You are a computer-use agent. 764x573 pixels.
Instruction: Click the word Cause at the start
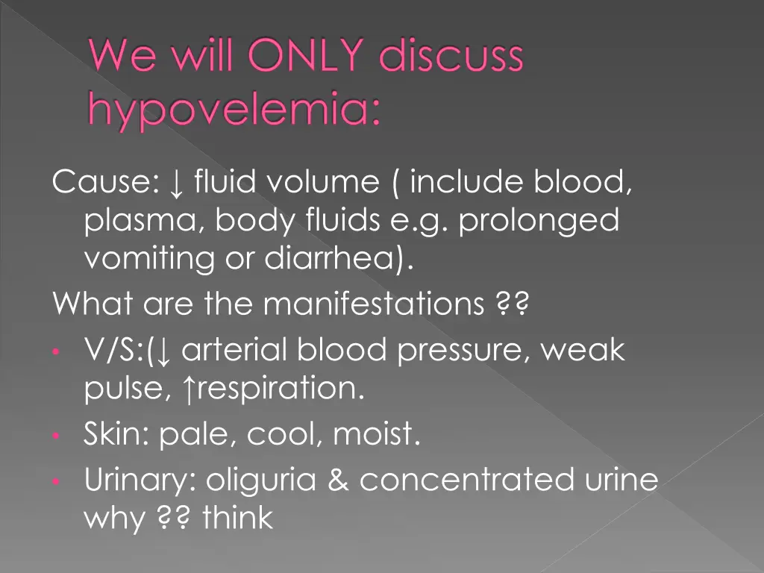(100, 182)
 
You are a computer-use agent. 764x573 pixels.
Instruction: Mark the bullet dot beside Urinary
(56, 483)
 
